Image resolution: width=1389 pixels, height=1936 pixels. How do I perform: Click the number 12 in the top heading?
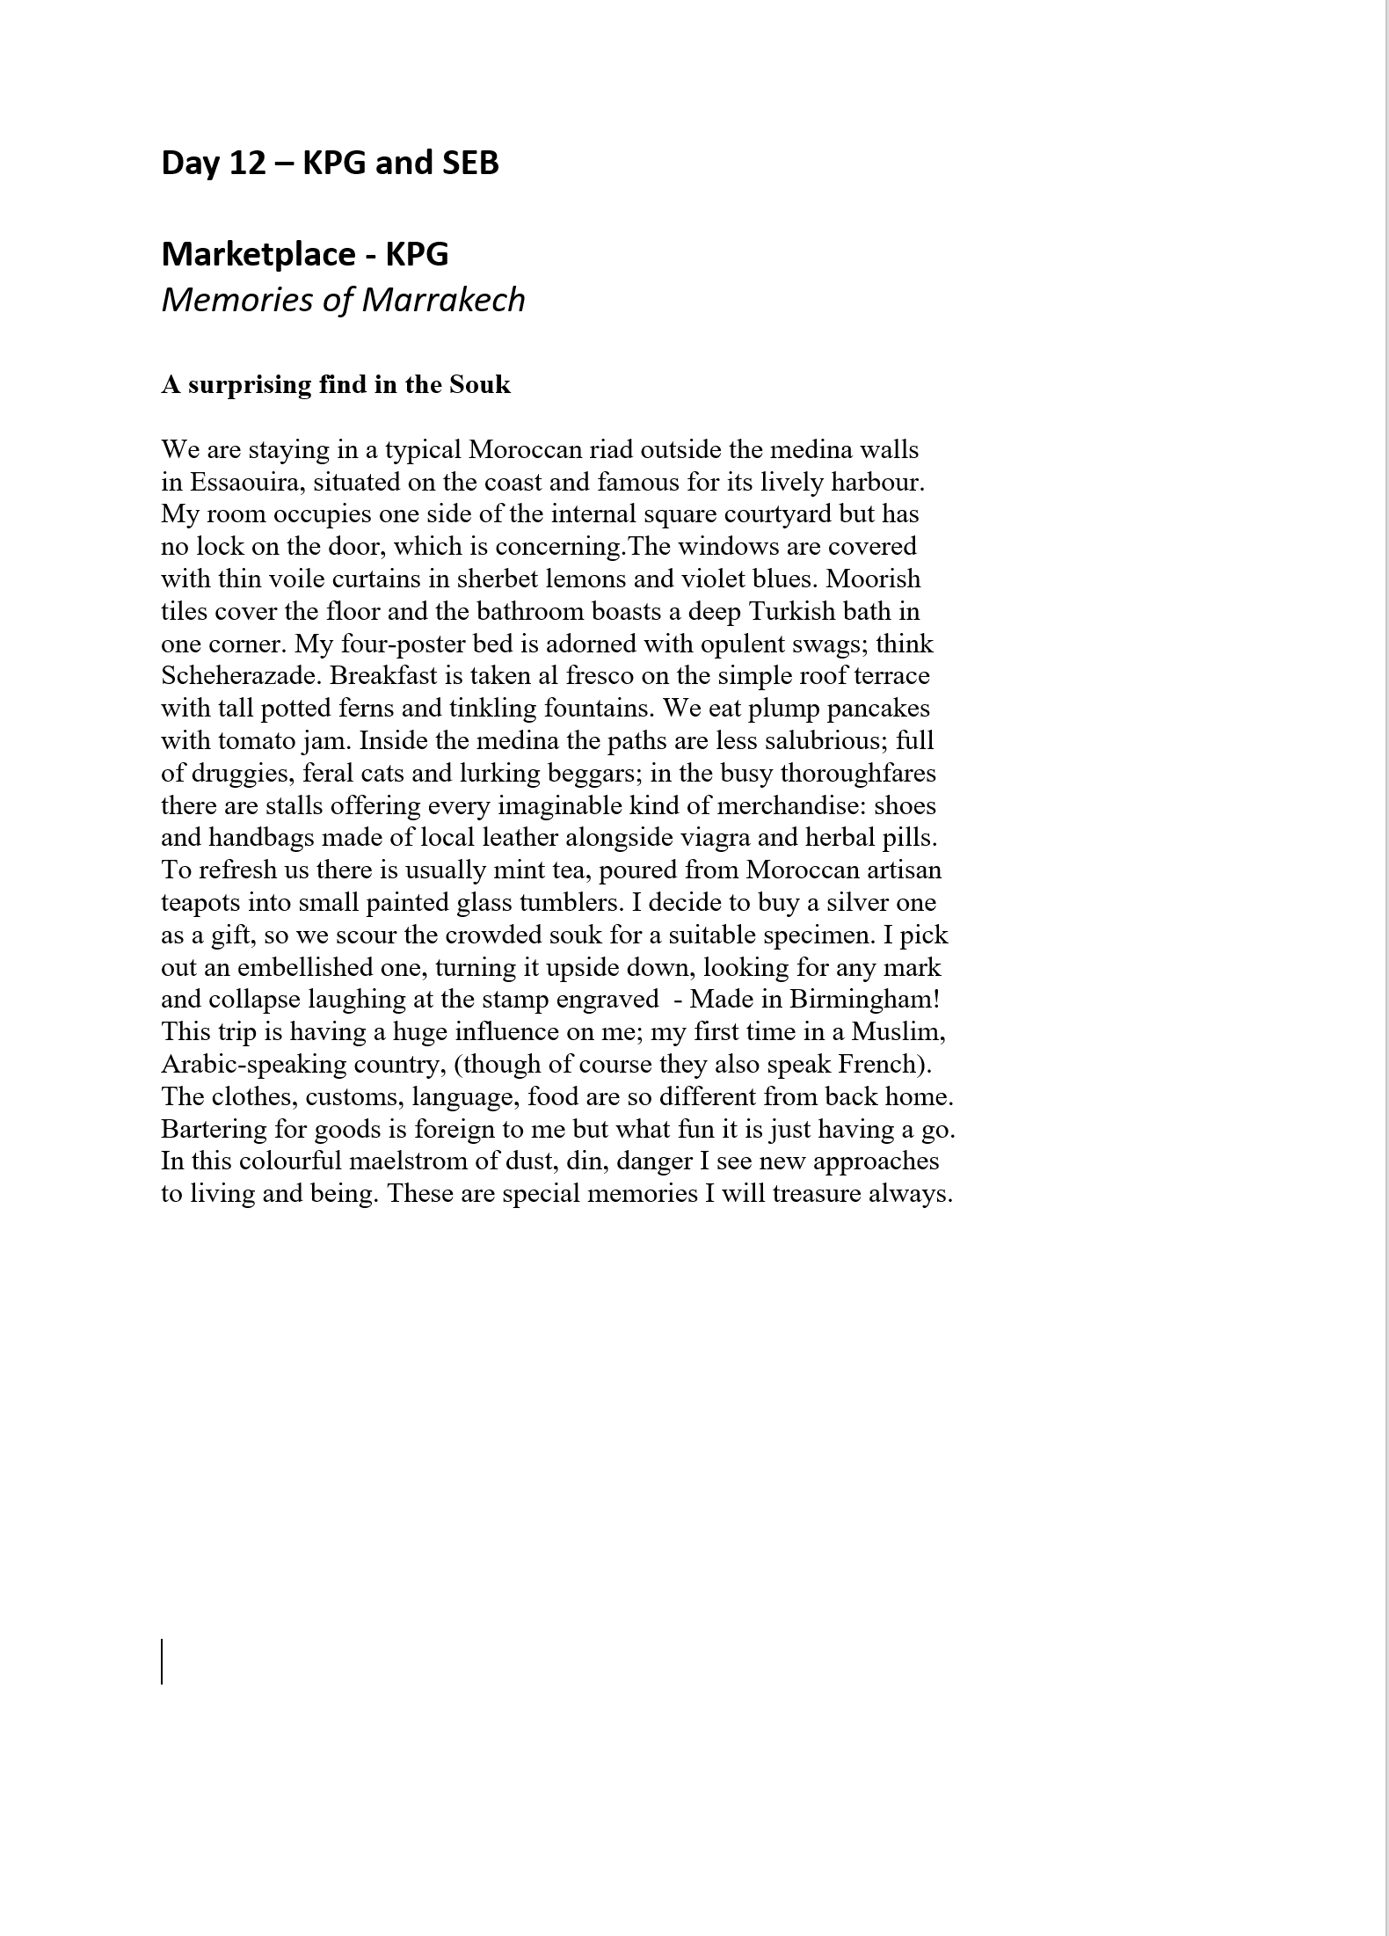tap(247, 164)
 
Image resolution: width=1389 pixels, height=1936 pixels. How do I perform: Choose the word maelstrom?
tap(407, 1161)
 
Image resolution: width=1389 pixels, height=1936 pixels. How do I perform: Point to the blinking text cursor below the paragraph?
tap(163, 1661)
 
